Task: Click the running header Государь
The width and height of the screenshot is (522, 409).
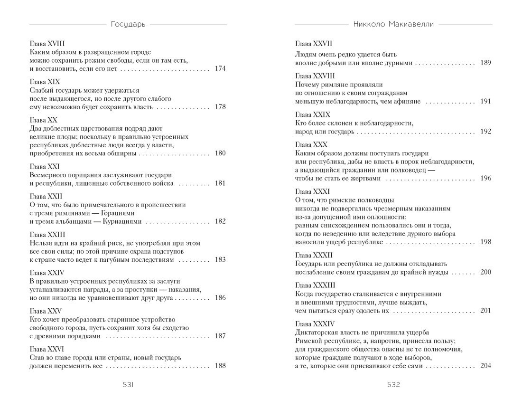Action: coord(128,24)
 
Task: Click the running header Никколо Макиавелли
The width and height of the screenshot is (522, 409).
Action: coord(393,24)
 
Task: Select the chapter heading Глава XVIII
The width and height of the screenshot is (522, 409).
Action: coord(50,43)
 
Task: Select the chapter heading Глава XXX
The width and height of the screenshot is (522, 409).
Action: coord(311,144)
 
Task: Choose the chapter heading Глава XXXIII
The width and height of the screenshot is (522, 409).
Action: coord(315,285)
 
